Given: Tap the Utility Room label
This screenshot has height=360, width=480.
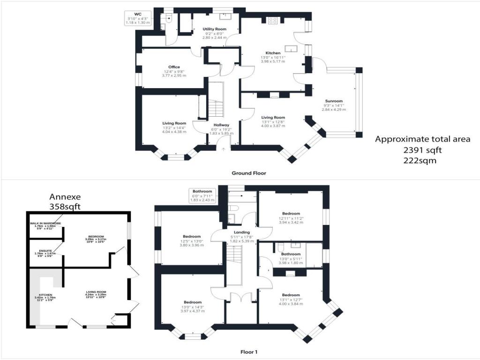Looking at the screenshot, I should click(214, 29).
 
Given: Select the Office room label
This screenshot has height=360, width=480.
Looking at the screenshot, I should click(174, 67).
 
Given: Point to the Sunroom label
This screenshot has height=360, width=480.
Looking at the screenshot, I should click(334, 101).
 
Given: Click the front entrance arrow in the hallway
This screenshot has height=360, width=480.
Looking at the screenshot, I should click(223, 149).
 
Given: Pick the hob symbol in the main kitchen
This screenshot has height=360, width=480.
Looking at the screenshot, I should click(273, 20).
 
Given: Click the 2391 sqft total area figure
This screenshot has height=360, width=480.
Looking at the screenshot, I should click(422, 150).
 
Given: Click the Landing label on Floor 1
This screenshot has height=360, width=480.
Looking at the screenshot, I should click(242, 232).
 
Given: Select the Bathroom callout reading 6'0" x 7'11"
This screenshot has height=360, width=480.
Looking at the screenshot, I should click(202, 195).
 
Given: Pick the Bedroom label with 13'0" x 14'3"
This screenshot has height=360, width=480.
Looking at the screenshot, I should click(193, 302).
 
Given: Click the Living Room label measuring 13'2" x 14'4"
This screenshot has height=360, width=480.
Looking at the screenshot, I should click(174, 123).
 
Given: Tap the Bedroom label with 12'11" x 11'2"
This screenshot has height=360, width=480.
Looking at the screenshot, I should click(291, 214).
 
